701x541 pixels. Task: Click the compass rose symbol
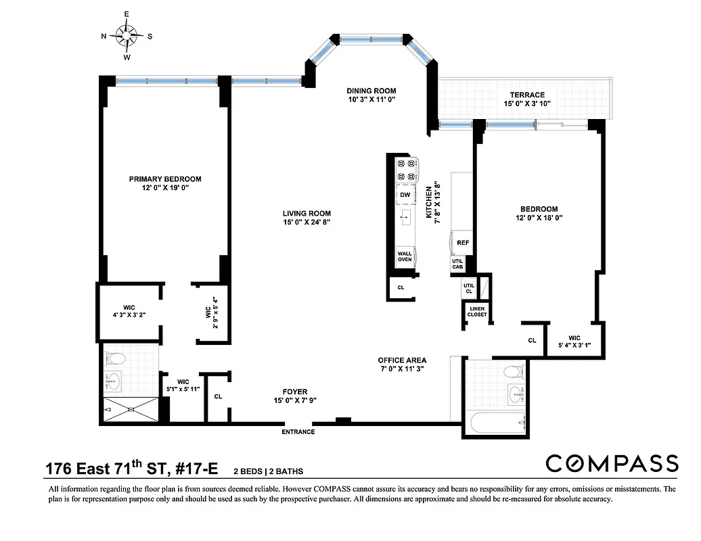tap(127, 35)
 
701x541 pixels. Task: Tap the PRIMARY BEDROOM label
tap(165, 179)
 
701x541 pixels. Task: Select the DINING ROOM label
tap(371, 91)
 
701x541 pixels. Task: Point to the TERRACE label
tap(524, 95)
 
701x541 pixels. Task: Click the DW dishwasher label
tap(405, 195)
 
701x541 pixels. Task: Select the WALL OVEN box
tap(405, 256)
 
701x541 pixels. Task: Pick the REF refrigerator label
tap(463, 242)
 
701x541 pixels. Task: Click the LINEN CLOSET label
tap(477, 312)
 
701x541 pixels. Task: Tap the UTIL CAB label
tap(457, 264)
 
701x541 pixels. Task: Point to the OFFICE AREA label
tap(402, 360)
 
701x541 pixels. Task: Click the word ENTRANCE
tap(298, 431)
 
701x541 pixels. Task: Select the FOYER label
tap(295, 392)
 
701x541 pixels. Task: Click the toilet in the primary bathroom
tap(115, 358)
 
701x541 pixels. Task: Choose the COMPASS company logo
tap(611, 463)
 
